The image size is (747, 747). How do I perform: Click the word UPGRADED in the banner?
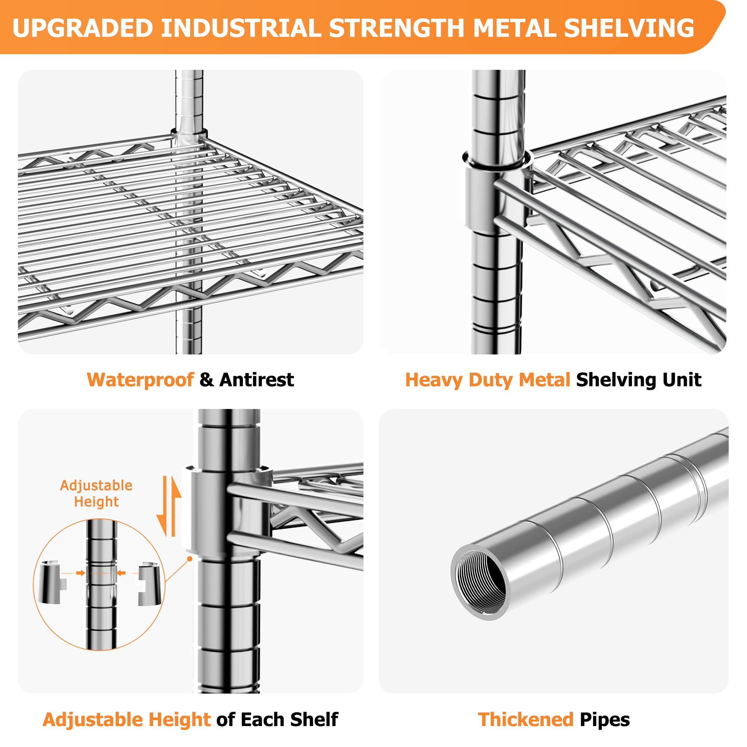click(x=83, y=28)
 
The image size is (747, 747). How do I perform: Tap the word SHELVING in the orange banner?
click(x=629, y=28)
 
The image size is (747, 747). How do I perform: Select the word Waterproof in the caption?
click(x=140, y=380)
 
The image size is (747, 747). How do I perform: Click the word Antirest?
click(x=256, y=380)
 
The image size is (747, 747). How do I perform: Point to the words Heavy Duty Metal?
click(x=487, y=380)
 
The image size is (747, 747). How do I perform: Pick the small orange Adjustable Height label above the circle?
click(x=96, y=494)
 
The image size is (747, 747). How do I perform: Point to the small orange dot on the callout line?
click(x=189, y=558)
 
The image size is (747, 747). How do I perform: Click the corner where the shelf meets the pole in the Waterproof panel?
click(x=189, y=137)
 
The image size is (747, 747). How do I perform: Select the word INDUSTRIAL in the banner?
click(x=241, y=28)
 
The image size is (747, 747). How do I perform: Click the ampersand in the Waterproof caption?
click(x=207, y=380)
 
